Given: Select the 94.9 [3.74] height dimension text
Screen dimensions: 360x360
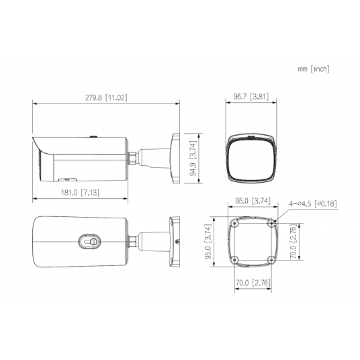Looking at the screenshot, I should pos(193,156).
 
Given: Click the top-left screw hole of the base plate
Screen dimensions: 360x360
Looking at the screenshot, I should pos(232,224).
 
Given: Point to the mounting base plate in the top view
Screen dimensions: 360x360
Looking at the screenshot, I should pos(175,240).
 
